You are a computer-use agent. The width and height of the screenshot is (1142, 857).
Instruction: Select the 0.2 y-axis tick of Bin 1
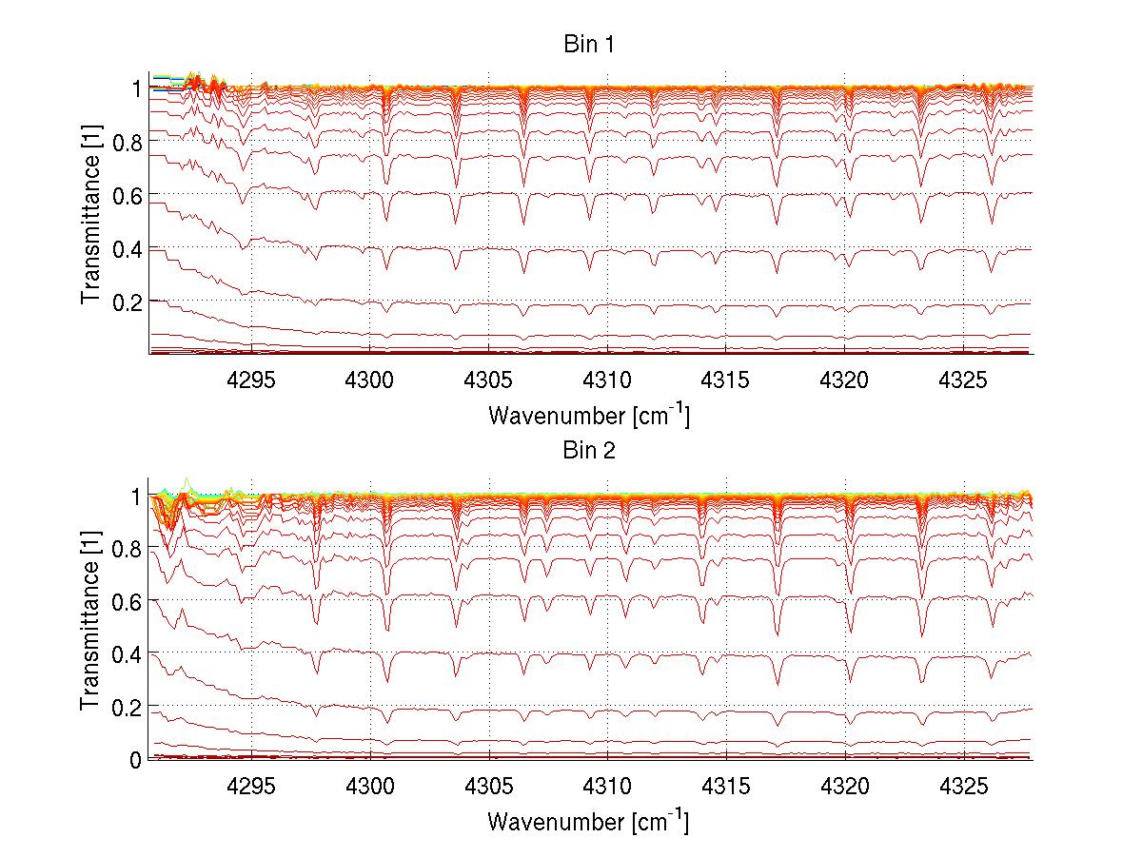[x=127, y=302]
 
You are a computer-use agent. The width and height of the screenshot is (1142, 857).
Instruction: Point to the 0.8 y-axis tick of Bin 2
[x=127, y=549]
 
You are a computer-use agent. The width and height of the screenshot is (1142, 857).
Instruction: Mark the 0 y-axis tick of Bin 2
[x=136, y=760]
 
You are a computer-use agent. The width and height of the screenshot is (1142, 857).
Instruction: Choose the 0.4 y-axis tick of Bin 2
[x=127, y=654]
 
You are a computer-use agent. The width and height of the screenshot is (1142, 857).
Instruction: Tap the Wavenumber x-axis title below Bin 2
[x=588, y=821]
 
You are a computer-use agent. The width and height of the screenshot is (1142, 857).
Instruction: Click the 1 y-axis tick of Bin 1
[x=136, y=88]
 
